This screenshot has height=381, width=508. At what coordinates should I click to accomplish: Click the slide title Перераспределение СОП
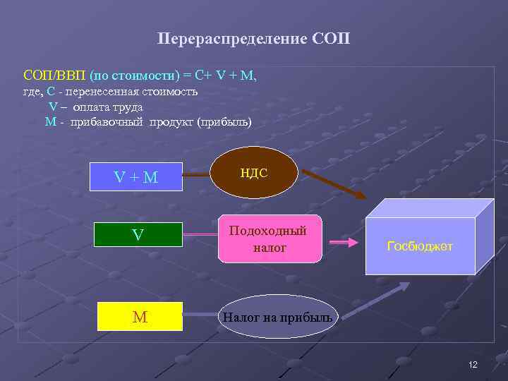[x=253, y=37]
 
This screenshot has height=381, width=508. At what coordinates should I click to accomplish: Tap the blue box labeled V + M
[x=136, y=177]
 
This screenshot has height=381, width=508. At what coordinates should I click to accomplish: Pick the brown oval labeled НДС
[x=254, y=174]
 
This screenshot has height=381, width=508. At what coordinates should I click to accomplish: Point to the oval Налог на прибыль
[x=277, y=317]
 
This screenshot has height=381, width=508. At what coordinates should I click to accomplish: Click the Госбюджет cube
[x=420, y=246]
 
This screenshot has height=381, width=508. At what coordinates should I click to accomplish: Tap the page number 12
[x=473, y=364]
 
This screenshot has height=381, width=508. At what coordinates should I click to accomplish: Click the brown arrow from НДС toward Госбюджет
[x=332, y=183]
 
